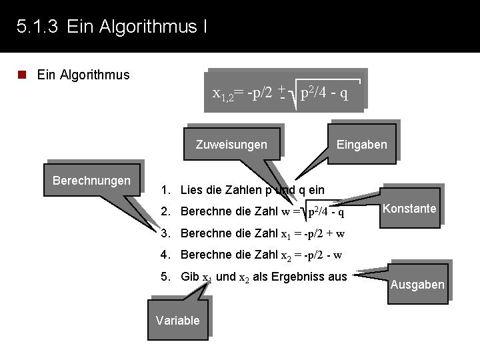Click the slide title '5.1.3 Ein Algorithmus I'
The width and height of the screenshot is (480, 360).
tap(111, 27)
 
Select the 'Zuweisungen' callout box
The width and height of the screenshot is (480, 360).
tap(231, 145)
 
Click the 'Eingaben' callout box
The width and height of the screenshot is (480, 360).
tap(361, 145)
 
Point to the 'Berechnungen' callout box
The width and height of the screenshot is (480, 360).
tap(91, 181)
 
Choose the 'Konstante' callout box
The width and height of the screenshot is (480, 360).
tap(409, 209)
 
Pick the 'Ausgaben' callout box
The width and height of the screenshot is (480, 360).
tap(417, 285)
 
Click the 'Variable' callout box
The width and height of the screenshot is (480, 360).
tap(177, 321)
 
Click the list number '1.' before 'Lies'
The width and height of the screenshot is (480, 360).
tap(166, 191)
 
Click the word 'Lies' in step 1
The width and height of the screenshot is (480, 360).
tap(191, 191)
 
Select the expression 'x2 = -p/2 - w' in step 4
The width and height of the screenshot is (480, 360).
tap(311, 255)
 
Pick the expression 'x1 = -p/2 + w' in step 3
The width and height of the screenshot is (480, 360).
tap(311, 234)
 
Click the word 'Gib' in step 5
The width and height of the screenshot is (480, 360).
tap(190, 277)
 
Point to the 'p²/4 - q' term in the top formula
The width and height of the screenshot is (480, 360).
tap(324, 93)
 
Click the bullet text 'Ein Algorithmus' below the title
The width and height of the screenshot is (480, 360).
tap(83, 75)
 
